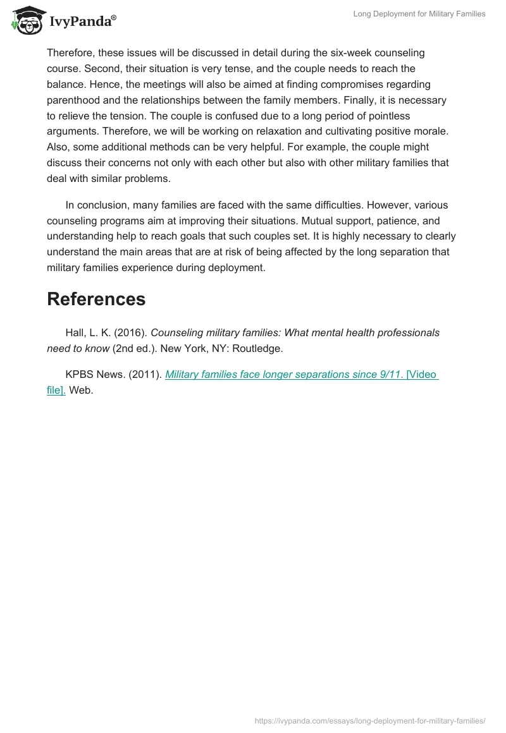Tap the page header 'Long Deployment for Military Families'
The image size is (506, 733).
tap(419, 14)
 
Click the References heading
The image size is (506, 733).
tap(96, 299)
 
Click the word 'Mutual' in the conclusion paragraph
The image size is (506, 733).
tap(319, 221)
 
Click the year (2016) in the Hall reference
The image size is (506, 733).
tap(130, 332)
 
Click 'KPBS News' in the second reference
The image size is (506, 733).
tap(94, 374)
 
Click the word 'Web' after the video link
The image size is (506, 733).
tap(80, 390)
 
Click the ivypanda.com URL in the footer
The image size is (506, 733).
tap(369, 720)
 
